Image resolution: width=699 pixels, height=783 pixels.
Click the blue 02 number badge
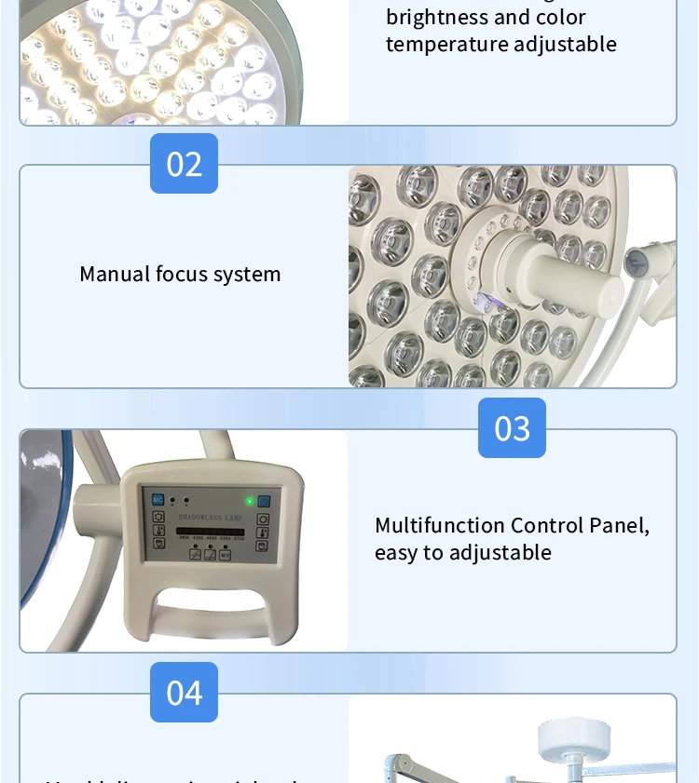point(184,164)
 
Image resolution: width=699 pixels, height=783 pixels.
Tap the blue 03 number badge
point(512,428)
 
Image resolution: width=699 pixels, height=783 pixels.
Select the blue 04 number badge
point(184,693)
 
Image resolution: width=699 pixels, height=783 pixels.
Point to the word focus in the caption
point(181,274)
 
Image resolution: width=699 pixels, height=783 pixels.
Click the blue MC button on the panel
point(158,499)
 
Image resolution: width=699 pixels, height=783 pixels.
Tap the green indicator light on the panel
point(249,501)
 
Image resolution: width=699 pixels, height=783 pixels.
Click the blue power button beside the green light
point(264,501)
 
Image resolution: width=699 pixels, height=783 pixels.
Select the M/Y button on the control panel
point(225,555)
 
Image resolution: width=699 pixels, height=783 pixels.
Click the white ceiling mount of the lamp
point(571,739)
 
